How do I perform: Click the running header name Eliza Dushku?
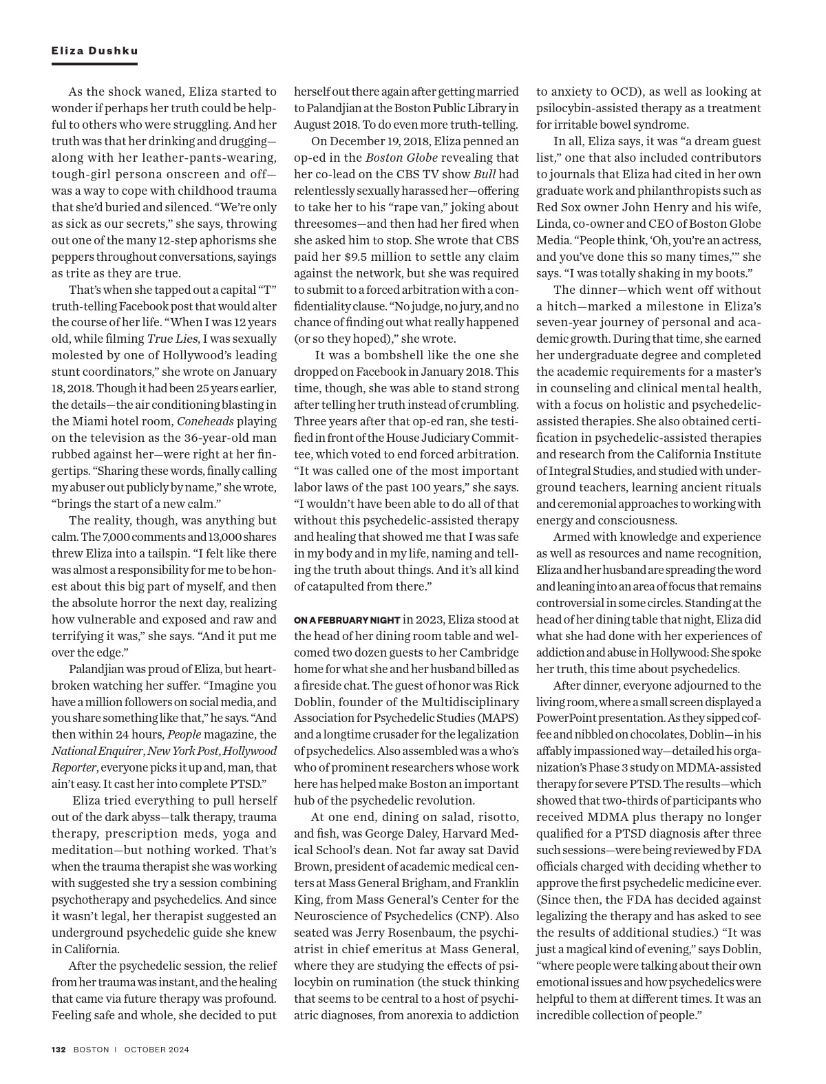click(x=94, y=51)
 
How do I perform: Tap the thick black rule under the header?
click(x=94, y=64)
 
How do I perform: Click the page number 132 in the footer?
click(x=59, y=1050)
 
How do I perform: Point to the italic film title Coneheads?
click(x=204, y=421)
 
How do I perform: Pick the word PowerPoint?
click(x=568, y=719)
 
